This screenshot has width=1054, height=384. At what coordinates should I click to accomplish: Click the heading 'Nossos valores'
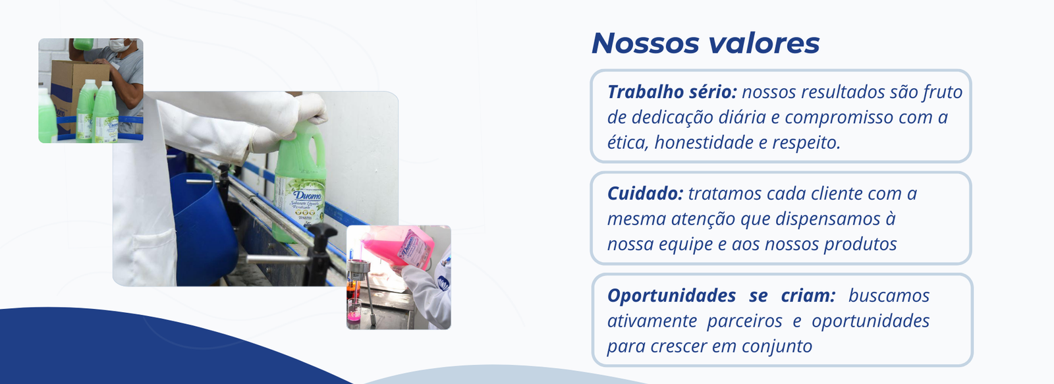point(706,43)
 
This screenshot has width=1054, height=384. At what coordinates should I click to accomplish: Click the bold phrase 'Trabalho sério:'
point(672,92)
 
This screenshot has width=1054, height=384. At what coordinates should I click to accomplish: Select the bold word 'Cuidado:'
point(645,194)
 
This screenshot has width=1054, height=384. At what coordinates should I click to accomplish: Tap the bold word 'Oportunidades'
point(671,296)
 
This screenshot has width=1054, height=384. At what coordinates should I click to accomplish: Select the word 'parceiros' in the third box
point(744,321)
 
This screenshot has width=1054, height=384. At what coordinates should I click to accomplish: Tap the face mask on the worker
point(119,45)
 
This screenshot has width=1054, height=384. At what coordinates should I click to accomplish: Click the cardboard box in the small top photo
point(78,92)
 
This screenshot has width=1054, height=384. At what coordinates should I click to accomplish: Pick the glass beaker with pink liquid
point(354,310)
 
